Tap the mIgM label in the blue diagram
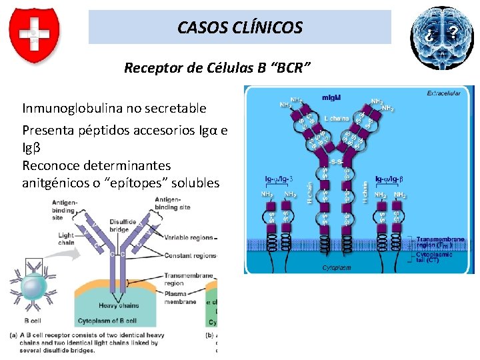(x=331, y=97)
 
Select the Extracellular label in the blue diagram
(x=444, y=93)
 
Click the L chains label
(x=336, y=118)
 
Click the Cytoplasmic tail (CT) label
(x=437, y=257)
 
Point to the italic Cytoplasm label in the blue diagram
(x=337, y=267)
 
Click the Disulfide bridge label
(x=123, y=226)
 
